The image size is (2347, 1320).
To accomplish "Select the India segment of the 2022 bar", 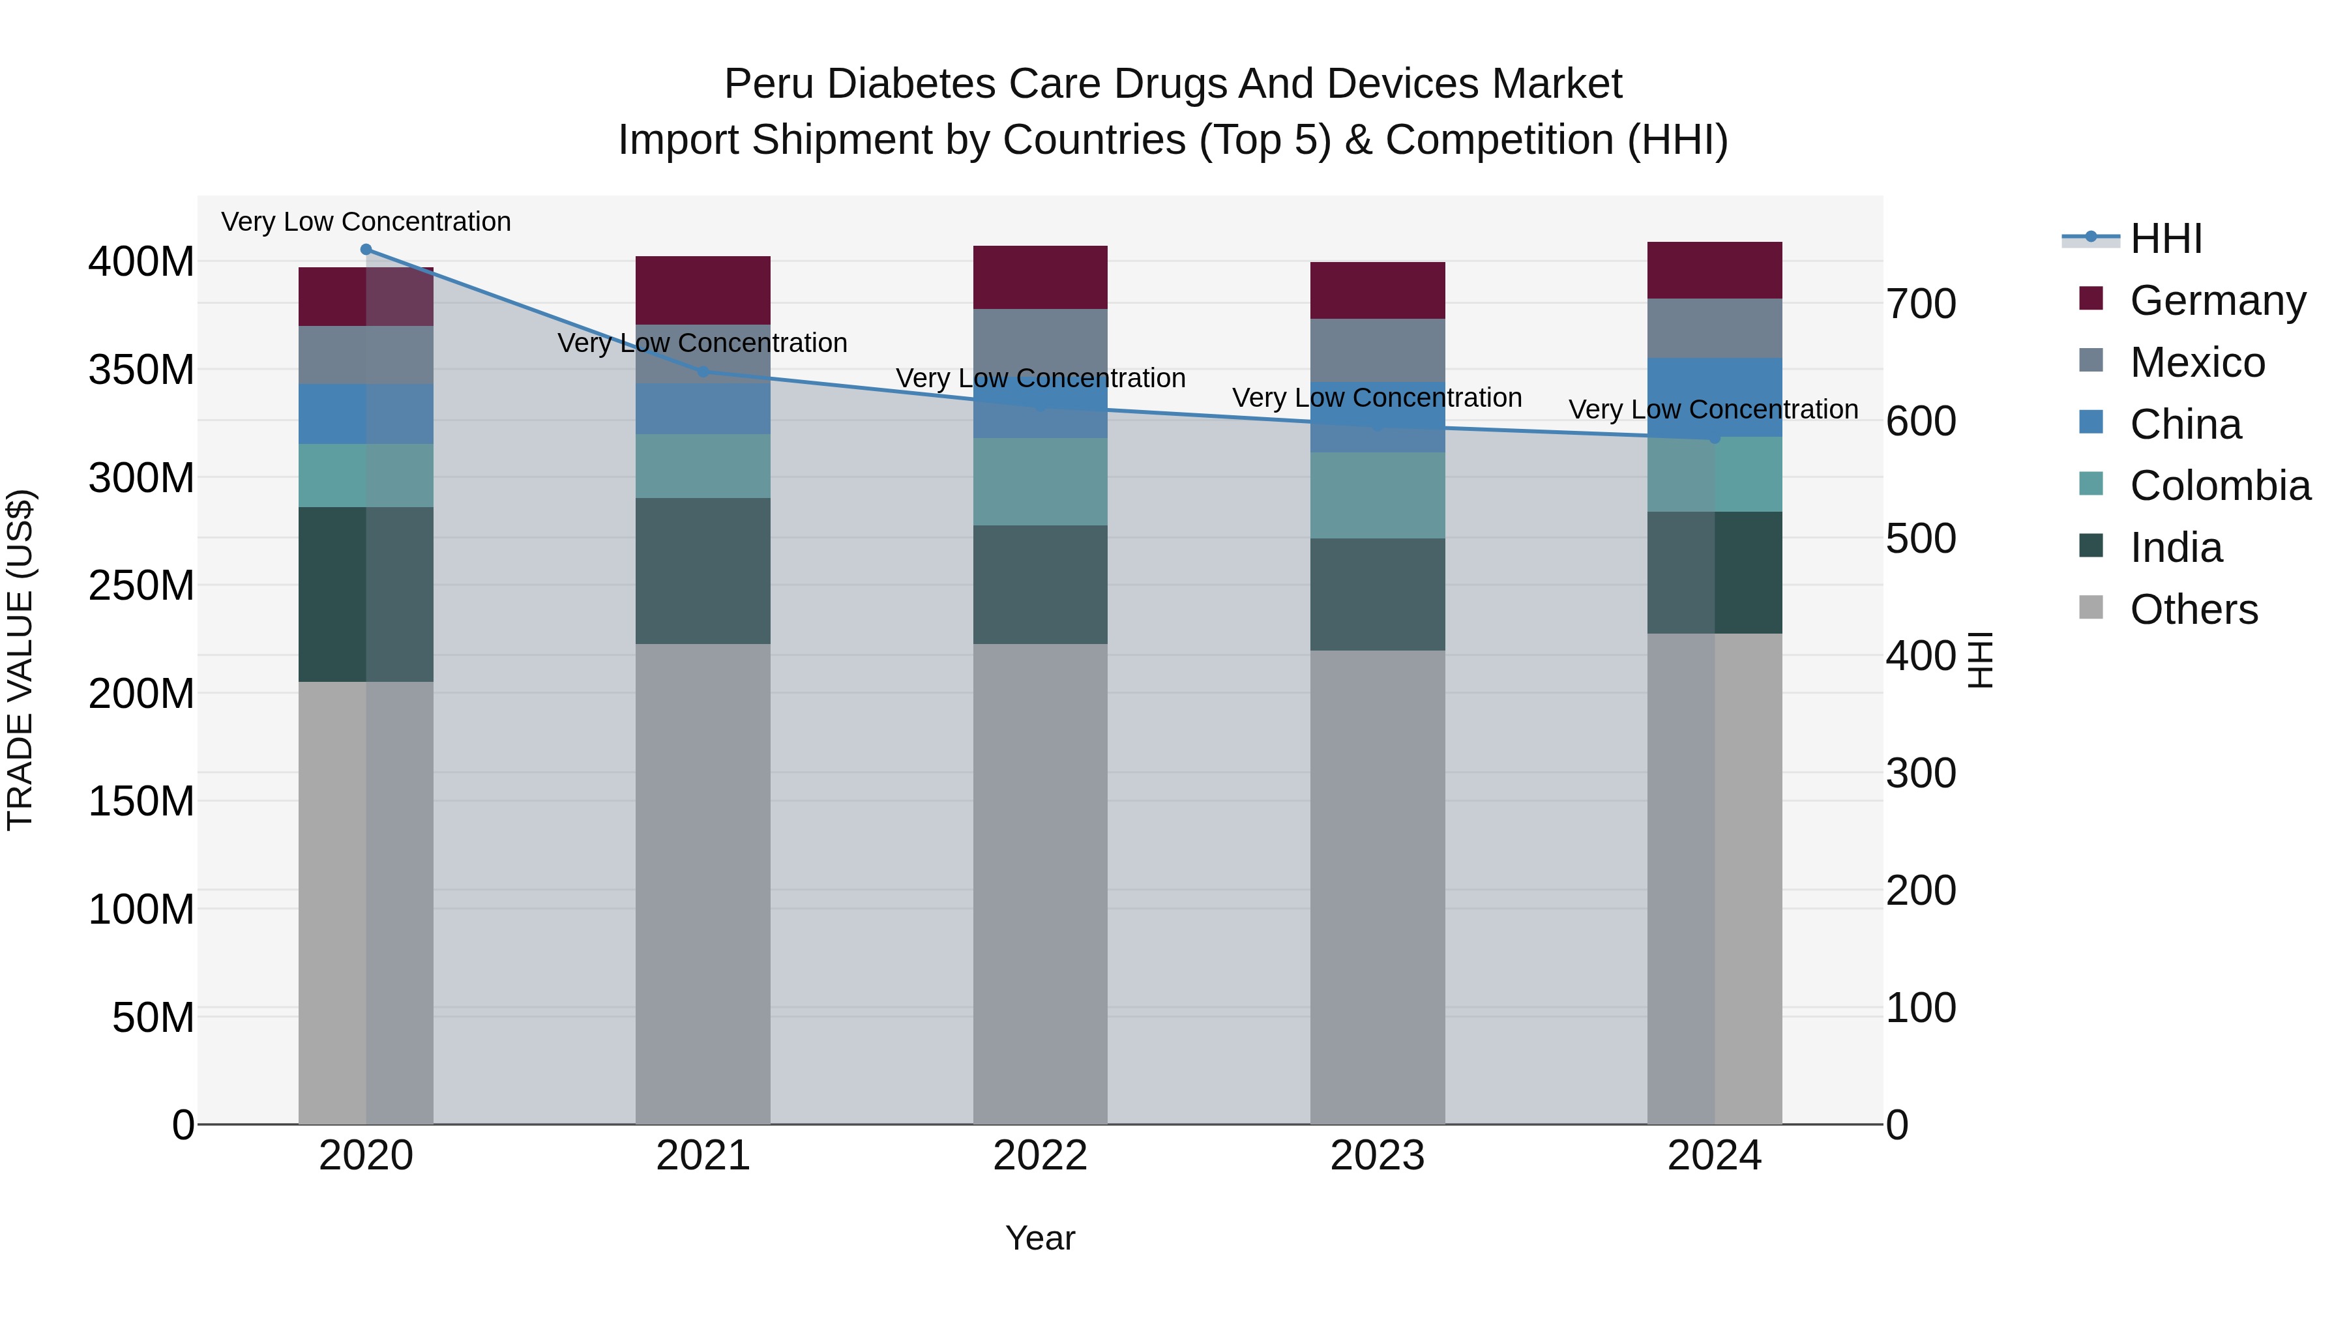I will coord(1040,585).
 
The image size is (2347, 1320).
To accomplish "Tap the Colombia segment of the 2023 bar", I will coord(1377,495).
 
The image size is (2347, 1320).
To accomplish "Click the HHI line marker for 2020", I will coord(366,250).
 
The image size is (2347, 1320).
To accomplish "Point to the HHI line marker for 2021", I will coord(702,372).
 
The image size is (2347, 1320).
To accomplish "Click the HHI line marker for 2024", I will coord(1714,438).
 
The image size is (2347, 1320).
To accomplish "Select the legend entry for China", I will coord(2185,424).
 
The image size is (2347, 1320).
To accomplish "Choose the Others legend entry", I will coord(2193,609).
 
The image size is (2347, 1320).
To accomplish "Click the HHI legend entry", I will coord(2166,239).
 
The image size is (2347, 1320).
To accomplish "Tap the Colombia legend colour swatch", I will coord(2091,484).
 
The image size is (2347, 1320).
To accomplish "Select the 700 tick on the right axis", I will coord(1921,304).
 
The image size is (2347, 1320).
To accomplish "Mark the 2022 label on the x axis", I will coord(1040,1156).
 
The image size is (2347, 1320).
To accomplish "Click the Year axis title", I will coord(1040,1238).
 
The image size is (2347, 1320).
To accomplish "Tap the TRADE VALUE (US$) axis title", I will coord(20,660).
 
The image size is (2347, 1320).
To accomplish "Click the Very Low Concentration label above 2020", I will coord(366,222).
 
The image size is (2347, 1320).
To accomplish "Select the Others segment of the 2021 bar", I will coord(702,884).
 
